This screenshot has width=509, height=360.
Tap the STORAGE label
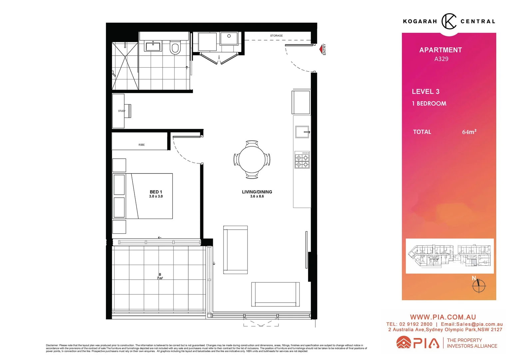[x=276, y=36]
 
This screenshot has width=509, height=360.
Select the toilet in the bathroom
[x=175, y=48]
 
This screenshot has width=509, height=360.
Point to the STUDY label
[x=122, y=111]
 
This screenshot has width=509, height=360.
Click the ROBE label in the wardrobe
[x=142, y=145]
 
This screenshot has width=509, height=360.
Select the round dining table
[x=252, y=159]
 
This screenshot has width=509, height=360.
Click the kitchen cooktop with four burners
[x=302, y=160]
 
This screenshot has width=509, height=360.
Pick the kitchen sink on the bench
[x=302, y=132]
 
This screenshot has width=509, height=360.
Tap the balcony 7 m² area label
[x=160, y=276]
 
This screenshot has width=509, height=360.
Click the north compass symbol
[x=479, y=285]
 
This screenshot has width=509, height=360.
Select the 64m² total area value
[x=469, y=132]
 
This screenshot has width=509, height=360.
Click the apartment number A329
[x=441, y=59]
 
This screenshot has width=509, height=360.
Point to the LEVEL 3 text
[x=425, y=92]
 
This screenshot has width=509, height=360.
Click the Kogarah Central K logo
[x=449, y=21]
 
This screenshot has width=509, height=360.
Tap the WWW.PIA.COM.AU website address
[x=443, y=317]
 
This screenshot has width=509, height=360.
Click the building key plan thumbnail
[x=449, y=256]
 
